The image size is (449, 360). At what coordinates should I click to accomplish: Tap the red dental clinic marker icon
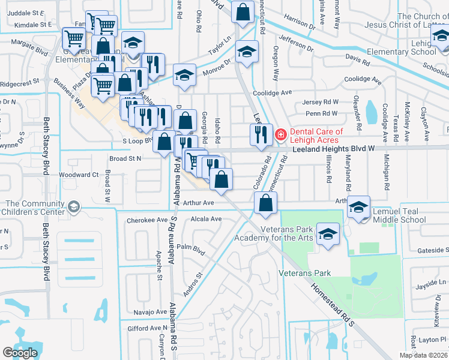(x=280, y=134)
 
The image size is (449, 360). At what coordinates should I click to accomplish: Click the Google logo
(x=20, y=353)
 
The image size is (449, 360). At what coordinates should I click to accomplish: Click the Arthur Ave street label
(x=199, y=203)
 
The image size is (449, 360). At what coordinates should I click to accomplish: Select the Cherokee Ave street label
(x=147, y=220)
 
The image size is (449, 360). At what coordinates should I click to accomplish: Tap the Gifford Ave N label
(x=147, y=329)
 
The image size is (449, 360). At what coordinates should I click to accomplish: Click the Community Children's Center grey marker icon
(x=74, y=207)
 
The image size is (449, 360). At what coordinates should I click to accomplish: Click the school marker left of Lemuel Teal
(x=359, y=206)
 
